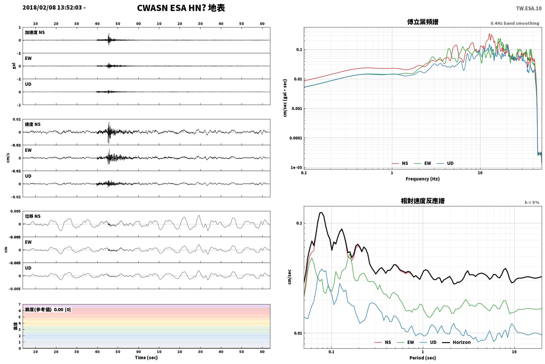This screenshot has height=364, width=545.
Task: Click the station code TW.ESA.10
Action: [529, 9]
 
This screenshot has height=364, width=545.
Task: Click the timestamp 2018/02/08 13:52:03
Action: [52, 8]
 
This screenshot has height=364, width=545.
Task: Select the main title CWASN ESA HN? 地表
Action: [181, 8]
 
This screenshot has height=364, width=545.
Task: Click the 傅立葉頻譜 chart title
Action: [423, 22]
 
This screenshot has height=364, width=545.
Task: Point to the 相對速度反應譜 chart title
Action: [423, 201]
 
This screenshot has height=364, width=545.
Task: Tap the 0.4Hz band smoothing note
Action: [515, 23]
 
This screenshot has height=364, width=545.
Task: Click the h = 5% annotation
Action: [532, 202]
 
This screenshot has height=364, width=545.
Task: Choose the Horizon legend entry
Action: [457, 342]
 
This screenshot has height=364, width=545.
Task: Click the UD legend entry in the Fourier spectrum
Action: [445, 164]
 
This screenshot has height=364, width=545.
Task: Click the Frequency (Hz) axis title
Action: [423, 179]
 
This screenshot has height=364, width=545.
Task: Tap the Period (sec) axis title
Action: [423, 358]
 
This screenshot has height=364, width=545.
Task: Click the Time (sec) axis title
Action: [146, 358]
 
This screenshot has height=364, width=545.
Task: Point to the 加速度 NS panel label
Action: [35, 32]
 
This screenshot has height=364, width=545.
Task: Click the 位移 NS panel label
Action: [32, 217]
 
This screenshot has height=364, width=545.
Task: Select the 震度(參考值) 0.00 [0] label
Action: [48, 310]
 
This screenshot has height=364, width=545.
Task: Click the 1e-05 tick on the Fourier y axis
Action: [296, 167]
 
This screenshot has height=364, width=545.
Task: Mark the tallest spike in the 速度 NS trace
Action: [109, 123]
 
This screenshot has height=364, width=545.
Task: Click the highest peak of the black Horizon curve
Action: [321, 213]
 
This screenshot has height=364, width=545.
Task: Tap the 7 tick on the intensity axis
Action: [20, 304]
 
